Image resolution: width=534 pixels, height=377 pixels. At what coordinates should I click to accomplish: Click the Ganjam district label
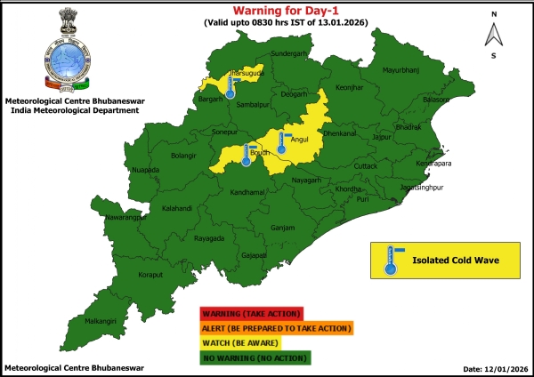(x=282, y=228)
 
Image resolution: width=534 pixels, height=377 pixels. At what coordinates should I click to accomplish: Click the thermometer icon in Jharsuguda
(x=231, y=86)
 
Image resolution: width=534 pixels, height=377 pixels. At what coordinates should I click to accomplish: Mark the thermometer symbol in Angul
(x=282, y=141)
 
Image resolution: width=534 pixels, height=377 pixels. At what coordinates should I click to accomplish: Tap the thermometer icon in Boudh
(x=246, y=156)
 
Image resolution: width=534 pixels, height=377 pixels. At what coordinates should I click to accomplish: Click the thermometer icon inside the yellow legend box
(x=390, y=260)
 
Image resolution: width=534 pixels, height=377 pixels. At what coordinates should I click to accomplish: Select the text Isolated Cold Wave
(x=454, y=261)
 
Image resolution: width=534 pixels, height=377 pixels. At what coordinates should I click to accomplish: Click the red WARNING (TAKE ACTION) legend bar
(x=252, y=313)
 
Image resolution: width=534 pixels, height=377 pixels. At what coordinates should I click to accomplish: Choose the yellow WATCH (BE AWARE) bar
(x=252, y=342)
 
